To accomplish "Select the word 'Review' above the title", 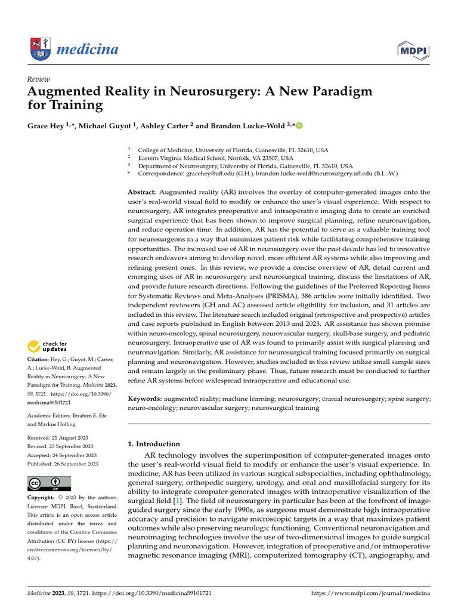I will pos(39,79).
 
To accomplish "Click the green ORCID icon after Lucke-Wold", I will pos(299,126).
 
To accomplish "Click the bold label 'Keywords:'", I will pos(145,398).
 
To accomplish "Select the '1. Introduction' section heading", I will pos(154,444).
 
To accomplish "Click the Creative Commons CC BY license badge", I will pos(49,483).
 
